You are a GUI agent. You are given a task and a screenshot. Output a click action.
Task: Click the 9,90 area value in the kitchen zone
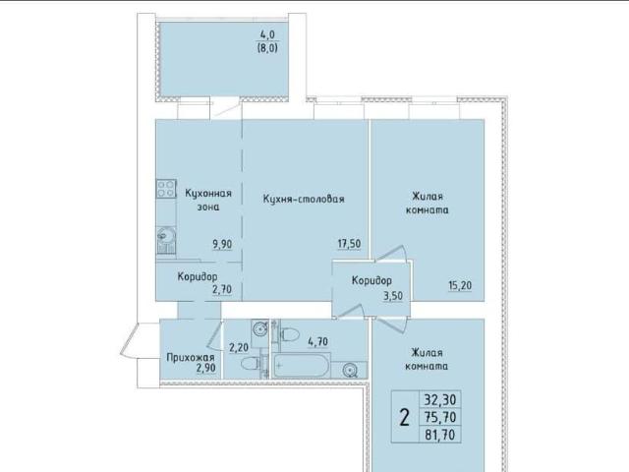click(223, 244)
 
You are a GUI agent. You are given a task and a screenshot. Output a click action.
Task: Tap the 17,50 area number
click(349, 244)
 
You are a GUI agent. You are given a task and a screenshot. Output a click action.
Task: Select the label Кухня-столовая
click(304, 199)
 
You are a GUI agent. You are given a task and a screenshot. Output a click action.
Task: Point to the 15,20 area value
click(460, 285)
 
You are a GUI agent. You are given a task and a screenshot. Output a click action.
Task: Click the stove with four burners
click(166, 188)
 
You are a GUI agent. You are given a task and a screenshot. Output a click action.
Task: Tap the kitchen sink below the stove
click(166, 235)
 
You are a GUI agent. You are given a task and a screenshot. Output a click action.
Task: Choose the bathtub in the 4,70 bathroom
click(302, 365)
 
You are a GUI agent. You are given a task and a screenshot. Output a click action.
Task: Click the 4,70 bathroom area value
click(317, 341)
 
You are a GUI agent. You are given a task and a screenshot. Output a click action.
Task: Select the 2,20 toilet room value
click(239, 347)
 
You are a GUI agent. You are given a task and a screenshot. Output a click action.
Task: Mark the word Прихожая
click(191, 357)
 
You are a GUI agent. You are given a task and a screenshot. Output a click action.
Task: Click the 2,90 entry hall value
click(205, 368)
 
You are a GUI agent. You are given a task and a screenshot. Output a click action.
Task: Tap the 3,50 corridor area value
click(393, 296)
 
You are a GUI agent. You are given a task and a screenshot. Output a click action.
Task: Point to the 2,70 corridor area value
click(222, 289)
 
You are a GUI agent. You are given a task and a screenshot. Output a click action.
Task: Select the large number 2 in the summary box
click(405, 418)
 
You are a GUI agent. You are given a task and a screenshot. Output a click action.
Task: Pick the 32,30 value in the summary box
click(439, 400)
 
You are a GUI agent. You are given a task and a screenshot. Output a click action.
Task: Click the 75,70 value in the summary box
click(439, 417)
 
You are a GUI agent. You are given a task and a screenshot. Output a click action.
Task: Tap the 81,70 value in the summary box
click(439, 435)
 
